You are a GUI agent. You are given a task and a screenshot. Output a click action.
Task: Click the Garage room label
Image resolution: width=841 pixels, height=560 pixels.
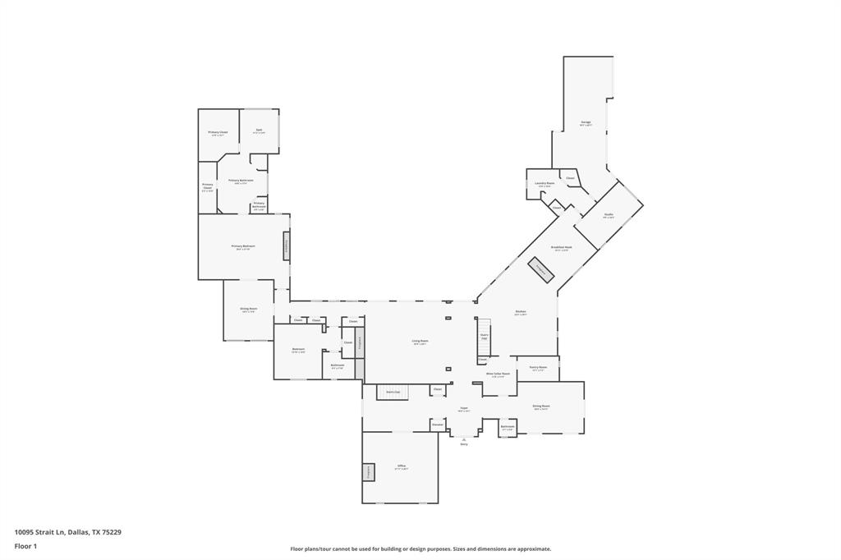click(x=586, y=122)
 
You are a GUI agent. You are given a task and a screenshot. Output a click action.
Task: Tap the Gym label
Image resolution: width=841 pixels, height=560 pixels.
click(x=259, y=130)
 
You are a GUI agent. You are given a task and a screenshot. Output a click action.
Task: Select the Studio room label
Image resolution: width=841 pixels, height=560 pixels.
click(x=609, y=214)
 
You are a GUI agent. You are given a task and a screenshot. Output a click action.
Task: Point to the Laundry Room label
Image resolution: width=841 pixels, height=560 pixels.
click(x=545, y=183)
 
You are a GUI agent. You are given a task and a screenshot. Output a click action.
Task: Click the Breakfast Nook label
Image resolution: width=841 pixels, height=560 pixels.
click(x=563, y=246)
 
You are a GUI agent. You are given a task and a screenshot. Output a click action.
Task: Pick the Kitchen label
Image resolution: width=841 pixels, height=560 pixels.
click(x=520, y=311)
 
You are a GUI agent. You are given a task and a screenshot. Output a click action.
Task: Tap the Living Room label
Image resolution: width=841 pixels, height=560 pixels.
click(x=420, y=341)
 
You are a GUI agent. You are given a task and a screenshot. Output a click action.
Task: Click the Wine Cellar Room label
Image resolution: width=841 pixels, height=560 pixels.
click(x=498, y=374)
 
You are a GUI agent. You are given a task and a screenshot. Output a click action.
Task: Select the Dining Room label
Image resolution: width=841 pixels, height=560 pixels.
click(x=540, y=406)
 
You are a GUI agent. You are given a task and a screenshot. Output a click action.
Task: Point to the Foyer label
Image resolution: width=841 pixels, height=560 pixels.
click(x=463, y=408)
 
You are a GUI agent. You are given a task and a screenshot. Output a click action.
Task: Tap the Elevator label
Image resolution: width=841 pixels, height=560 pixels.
click(x=438, y=424)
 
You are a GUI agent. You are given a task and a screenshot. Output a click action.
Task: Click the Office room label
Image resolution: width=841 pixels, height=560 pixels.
click(x=402, y=466)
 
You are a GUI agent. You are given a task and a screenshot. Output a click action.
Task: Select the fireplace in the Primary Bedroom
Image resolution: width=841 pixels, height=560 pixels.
click(x=286, y=246)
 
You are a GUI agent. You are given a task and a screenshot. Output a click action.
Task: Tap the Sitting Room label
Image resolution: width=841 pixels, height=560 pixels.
click(x=248, y=309)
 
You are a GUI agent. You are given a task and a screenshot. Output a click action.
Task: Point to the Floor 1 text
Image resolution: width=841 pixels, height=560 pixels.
click(x=25, y=546)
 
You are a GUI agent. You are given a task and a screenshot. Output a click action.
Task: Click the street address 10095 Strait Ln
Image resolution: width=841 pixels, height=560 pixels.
click(x=68, y=532)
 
